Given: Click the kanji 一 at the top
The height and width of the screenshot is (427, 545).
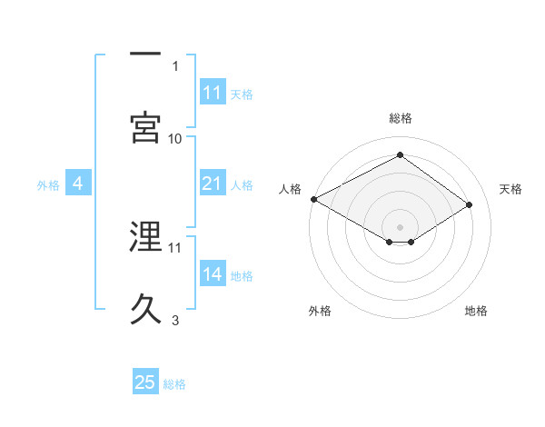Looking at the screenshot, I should tap(145, 55).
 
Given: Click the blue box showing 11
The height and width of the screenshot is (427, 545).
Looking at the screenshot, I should tap(213, 93).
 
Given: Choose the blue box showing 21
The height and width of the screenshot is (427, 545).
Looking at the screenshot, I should tap(213, 184).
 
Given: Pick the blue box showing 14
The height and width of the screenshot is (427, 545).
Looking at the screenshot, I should tap(213, 275).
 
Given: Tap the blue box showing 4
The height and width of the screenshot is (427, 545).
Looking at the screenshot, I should tap(78, 184).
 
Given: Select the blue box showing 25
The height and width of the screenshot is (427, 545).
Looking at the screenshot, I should tap(145, 382).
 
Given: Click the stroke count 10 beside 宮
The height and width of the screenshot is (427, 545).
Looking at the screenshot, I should tap(175, 138).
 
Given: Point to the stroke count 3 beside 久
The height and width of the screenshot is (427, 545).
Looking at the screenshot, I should tap(175, 320).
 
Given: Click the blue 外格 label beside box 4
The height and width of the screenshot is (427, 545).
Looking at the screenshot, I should tap(48, 185).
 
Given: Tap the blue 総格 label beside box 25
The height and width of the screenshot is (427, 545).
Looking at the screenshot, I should tap(174, 383).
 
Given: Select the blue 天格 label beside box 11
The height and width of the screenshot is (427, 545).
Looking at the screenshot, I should tap(242, 94).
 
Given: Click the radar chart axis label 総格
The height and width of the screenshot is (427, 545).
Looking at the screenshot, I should tap(400, 119).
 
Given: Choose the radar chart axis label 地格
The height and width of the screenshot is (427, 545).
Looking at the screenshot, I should tap(476, 312).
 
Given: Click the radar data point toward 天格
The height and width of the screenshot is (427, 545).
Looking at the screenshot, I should tap(470, 205).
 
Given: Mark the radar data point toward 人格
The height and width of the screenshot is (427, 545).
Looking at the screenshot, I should tap(313, 199).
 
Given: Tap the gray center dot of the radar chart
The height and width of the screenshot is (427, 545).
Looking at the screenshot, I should tap(400, 226).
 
